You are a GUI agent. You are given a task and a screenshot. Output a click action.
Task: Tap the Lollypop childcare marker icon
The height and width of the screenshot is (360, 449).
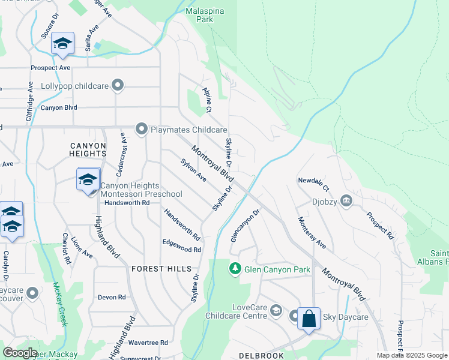click(x=118, y=86)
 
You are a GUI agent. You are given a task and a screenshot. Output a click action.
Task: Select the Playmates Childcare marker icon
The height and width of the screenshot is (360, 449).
click(x=142, y=129)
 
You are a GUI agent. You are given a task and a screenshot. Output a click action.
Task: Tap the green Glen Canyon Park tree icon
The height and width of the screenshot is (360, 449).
click(x=235, y=269)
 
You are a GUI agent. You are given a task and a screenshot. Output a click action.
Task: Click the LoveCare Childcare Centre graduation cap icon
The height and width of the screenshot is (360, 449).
click(x=276, y=310)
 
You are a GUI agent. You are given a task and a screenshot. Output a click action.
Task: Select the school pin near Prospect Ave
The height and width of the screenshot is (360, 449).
click(x=62, y=44)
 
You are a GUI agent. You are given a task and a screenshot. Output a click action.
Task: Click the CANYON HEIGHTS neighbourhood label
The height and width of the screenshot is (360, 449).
click(x=88, y=150)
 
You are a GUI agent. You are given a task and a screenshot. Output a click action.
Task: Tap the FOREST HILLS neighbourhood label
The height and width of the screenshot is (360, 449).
click(x=161, y=269)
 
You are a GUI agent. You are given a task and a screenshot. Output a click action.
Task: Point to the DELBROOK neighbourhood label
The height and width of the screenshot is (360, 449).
click(x=261, y=356)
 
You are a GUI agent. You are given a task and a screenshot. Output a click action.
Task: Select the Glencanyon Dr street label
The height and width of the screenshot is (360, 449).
click(x=246, y=226)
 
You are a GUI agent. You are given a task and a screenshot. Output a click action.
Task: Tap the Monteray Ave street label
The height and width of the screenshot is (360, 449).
click(x=312, y=233)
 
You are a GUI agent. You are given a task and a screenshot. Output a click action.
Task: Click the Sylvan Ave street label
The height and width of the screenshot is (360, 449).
click(x=193, y=170)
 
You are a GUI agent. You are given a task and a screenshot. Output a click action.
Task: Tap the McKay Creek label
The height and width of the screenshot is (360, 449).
click(x=58, y=304)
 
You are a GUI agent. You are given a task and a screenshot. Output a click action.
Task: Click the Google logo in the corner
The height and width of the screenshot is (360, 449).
click(x=20, y=353)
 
